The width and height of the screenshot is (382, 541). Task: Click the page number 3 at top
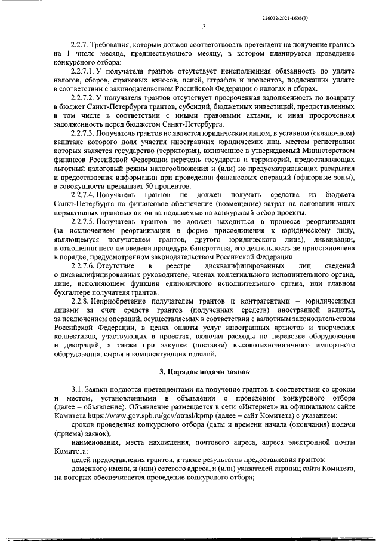coord(203,26)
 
